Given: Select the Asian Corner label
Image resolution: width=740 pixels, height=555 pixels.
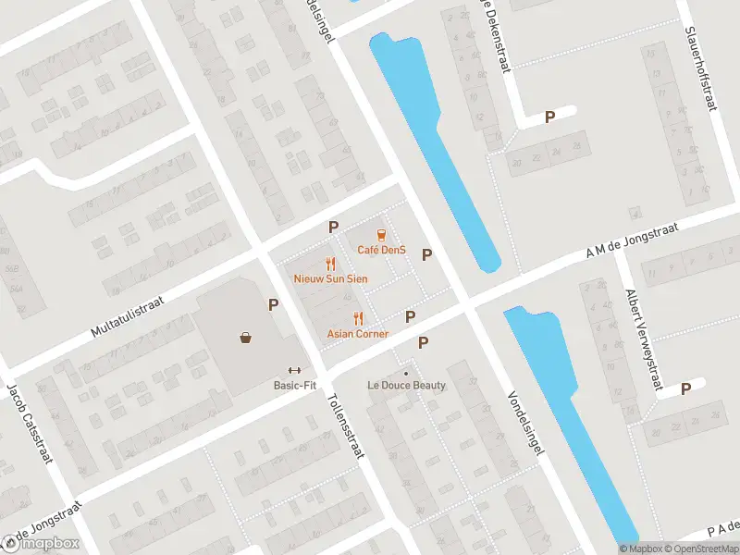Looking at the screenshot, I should [x=358, y=333].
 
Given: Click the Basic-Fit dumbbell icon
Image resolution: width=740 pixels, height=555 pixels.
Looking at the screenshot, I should [x=295, y=370].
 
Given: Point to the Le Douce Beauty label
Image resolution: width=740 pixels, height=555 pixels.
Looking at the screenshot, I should [x=406, y=386].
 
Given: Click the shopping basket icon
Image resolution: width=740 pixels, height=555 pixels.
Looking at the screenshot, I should [x=246, y=338].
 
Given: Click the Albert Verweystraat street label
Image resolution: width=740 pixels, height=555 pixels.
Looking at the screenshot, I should [x=646, y=339].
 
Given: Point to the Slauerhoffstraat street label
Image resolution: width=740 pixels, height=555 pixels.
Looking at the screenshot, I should [x=701, y=67].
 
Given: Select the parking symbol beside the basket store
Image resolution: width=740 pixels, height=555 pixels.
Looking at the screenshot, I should [x=273, y=303].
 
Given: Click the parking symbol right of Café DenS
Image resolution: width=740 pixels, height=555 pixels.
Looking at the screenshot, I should [x=426, y=254].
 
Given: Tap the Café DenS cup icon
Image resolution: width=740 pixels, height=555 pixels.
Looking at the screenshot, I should [x=380, y=236].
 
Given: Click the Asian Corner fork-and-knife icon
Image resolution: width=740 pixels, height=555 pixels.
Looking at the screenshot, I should [x=358, y=319].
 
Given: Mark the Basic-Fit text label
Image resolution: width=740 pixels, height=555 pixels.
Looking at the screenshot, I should [x=295, y=385].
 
